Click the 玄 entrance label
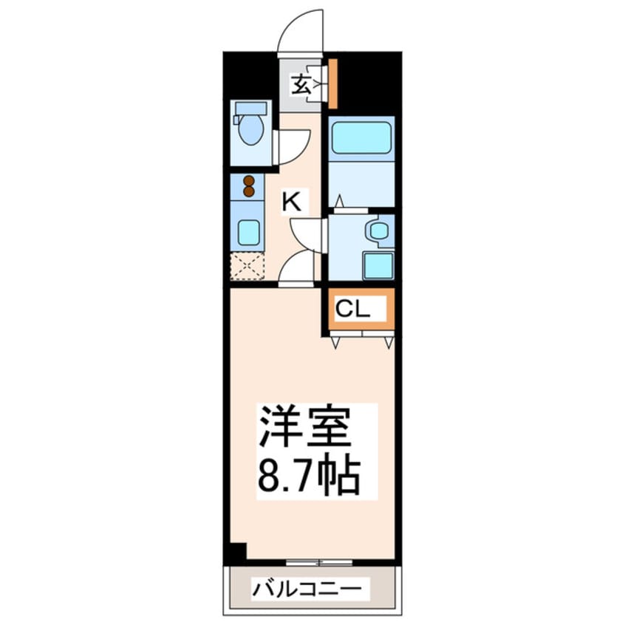(299, 84)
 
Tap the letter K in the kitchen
(293, 202)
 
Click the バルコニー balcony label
(309, 589)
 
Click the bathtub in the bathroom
(361, 138)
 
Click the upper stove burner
(249, 180)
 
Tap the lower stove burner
(249, 191)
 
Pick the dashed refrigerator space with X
(247, 267)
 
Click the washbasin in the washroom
(379, 231)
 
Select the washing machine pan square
(378, 265)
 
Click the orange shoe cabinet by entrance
(333, 82)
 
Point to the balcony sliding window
(318, 562)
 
